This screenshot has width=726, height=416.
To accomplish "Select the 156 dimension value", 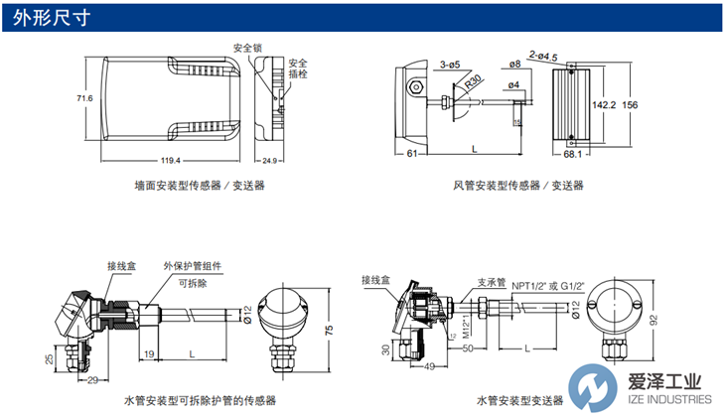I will coord(631,103).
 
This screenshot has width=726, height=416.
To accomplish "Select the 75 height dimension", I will coord(326,332).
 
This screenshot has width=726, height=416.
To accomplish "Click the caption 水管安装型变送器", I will coord(518,399).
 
